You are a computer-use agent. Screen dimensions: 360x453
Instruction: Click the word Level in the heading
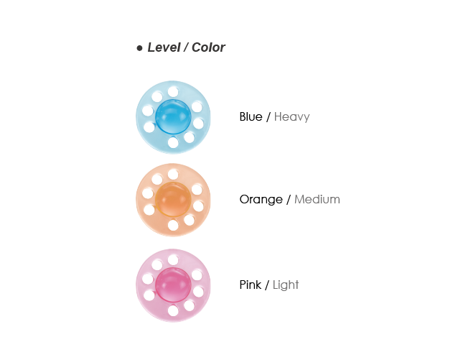coord(163,48)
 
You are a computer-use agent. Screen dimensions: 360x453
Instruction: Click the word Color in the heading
coord(208,48)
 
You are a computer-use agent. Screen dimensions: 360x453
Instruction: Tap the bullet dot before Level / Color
coord(139,48)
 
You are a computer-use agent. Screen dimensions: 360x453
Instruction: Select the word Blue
coord(251,117)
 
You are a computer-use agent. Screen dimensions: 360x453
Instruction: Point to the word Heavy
coord(292,117)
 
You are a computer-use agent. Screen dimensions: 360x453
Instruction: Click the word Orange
coord(261,200)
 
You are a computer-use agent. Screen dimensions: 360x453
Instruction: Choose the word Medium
coord(317,200)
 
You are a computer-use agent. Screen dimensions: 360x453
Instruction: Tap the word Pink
coord(250,285)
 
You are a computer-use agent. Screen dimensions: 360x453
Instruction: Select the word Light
coord(286,285)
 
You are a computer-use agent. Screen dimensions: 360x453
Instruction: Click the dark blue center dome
coord(172,117)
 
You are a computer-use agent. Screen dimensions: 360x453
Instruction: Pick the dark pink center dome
coord(172,285)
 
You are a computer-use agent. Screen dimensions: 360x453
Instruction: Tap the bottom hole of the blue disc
coord(173,142)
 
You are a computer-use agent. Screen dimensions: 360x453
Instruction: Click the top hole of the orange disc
coord(173,175)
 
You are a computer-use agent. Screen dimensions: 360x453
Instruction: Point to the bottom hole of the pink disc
coord(173,310)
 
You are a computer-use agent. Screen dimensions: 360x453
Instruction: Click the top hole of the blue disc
coord(173,91)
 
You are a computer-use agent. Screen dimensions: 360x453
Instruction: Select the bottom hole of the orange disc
coord(173,225)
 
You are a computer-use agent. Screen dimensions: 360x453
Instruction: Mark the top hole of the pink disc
coord(173,259)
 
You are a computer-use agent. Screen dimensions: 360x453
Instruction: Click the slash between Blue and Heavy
coord(268,117)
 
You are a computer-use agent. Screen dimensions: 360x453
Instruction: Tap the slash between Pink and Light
coord(267,285)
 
